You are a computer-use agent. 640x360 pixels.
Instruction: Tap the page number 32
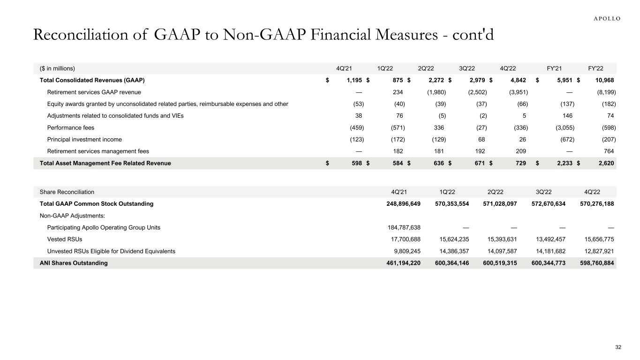point(618,347)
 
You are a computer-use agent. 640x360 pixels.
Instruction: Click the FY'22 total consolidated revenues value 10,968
point(603,80)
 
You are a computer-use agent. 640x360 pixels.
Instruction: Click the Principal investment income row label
point(84,139)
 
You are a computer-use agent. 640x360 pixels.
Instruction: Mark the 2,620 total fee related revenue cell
point(606,163)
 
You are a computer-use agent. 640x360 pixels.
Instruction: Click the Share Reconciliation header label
point(67,192)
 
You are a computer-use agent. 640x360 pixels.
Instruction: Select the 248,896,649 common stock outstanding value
point(399,204)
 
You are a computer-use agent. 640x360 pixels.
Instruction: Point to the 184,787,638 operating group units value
point(399,227)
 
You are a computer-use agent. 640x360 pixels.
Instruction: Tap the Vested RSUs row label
point(65,239)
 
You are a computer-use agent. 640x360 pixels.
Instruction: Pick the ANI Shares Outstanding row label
point(74,263)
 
